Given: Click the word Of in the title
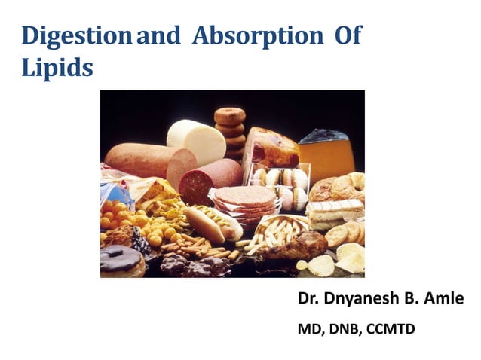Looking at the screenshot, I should [346, 35].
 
